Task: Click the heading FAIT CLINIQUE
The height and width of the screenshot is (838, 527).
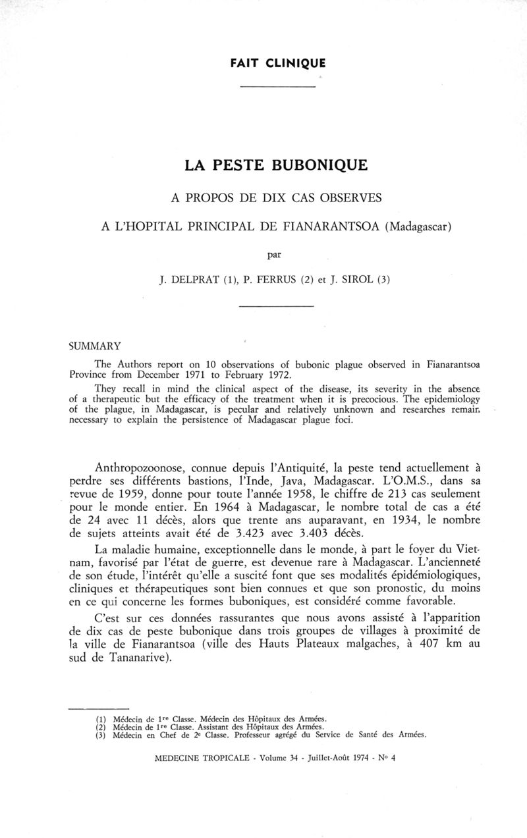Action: tap(278, 64)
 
